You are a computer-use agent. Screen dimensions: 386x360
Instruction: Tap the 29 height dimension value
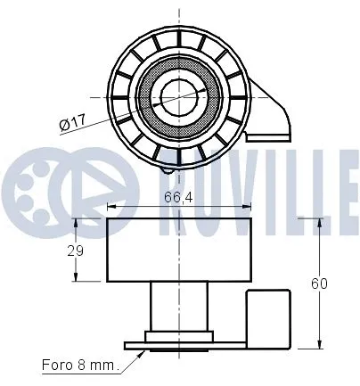pyautogui.click(x=76, y=251)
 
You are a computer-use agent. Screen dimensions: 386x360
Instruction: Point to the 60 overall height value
pyautogui.click(x=320, y=283)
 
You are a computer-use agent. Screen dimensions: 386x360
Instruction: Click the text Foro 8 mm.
pyautogui.click(x=78, y=364)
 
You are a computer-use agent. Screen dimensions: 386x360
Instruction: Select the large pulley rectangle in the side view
pyautogui.click(x=178, y=249)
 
